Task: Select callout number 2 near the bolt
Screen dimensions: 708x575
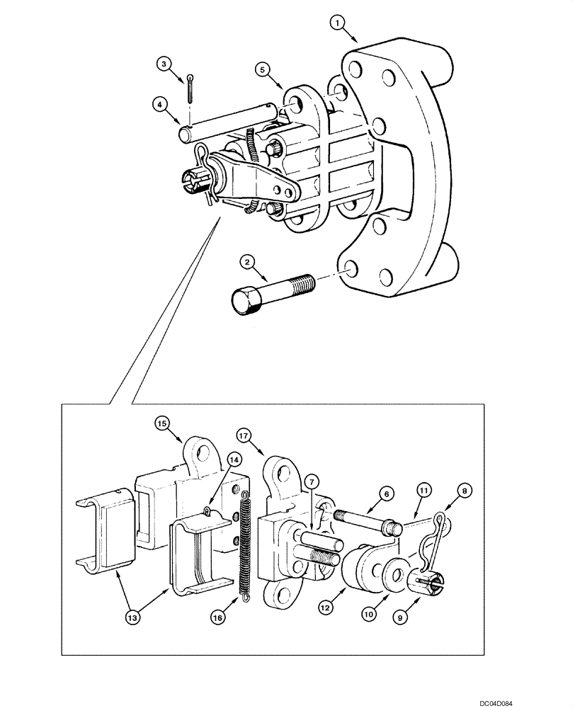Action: pyautogui.click(x=247, y=263)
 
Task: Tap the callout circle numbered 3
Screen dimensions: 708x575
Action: pyautogui.click(x=164, y=64)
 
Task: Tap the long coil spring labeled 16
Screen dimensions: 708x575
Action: pyautogui.click(x=246, y=545)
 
